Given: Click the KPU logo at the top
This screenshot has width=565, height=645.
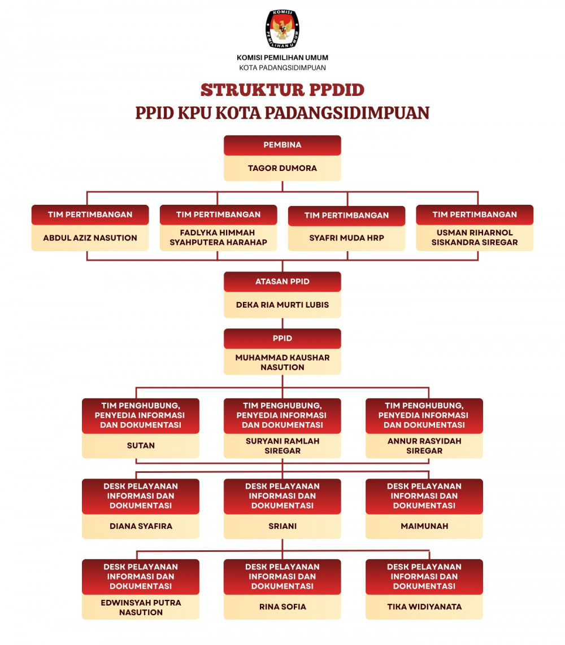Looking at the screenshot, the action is (x=282, y=29).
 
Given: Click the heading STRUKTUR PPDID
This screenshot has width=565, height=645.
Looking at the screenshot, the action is (x=282, y=90).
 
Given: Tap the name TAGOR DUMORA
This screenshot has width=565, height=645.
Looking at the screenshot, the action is (x=282, y=168).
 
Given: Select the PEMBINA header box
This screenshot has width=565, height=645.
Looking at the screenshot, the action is (x=282, y=145).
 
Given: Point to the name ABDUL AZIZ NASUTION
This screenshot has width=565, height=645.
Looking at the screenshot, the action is (x=90, y=238).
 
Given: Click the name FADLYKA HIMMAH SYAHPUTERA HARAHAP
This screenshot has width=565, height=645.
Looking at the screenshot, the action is (x=218, y=238).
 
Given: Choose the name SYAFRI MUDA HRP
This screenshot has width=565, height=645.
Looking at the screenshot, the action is (x=347, y=238).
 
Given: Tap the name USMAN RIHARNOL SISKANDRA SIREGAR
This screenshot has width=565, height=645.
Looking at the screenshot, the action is (x=475, y=238).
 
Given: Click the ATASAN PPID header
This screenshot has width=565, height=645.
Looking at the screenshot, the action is (x=282, y=282).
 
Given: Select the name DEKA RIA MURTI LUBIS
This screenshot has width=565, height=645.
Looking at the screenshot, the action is (x=282, y=305).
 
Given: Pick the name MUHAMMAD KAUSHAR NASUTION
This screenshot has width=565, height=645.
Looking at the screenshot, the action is (x=282, y=362).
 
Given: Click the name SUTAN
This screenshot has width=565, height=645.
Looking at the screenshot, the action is (x=141, y=445).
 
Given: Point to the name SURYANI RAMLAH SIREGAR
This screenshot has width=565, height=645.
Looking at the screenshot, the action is (x=282, y=446).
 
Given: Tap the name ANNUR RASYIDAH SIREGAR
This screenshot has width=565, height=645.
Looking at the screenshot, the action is (x=424, y=446).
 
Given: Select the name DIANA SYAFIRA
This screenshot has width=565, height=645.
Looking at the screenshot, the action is (x=141, y=526).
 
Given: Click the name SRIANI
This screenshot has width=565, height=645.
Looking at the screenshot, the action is (x=282, y=526).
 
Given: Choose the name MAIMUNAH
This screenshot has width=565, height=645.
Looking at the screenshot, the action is (x=424, y=526).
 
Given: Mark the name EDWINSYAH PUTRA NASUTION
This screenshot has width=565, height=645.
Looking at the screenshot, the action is (x=141, y=607).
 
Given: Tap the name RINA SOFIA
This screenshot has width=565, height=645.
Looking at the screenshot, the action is (x=282, y=607).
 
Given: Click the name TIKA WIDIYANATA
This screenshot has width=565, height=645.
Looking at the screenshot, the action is (x=424, y=607).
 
